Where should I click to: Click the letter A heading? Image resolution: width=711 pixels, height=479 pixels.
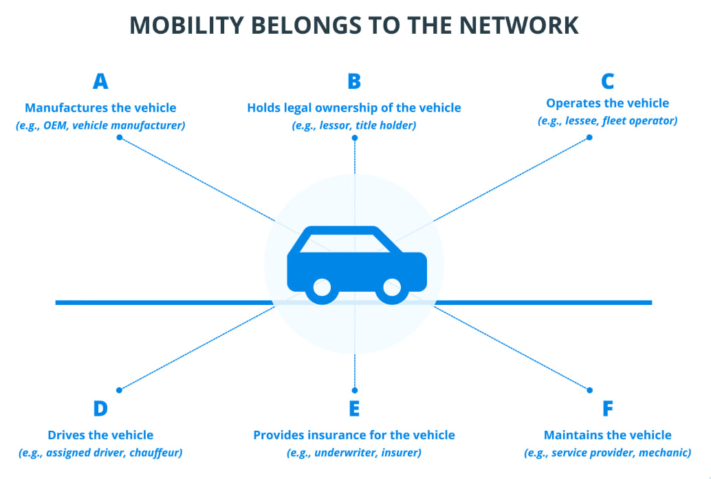pos(100,82)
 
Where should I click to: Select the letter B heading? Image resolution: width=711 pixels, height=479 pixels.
pos(354,82)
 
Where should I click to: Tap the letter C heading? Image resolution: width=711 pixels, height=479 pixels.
pos(607,82)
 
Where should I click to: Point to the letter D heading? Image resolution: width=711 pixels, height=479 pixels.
pos(100,409)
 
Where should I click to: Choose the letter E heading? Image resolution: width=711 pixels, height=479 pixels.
pos(354,409)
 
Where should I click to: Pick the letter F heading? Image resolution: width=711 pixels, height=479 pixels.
pos(607,409)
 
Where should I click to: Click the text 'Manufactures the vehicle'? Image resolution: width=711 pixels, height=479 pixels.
pos(100,108)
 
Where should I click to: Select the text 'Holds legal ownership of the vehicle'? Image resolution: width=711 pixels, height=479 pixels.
pos(354,108)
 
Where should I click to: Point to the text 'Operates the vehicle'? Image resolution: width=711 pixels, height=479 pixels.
pos(607,103)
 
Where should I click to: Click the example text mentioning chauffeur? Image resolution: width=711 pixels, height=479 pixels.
pos(100,453)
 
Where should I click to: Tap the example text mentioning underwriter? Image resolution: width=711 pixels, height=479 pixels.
pos(354,453)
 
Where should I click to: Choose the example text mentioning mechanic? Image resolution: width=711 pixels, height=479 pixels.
pos(607,453)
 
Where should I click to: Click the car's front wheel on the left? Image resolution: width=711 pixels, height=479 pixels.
pos(320,289)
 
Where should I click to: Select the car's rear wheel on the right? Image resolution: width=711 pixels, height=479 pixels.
pos(391,289)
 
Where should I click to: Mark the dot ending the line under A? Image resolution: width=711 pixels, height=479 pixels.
pos(120,138)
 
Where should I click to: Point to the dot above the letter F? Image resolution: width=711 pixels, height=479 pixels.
pos(589,390)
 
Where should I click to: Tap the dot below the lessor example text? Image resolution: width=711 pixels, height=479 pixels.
pos(354,138)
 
